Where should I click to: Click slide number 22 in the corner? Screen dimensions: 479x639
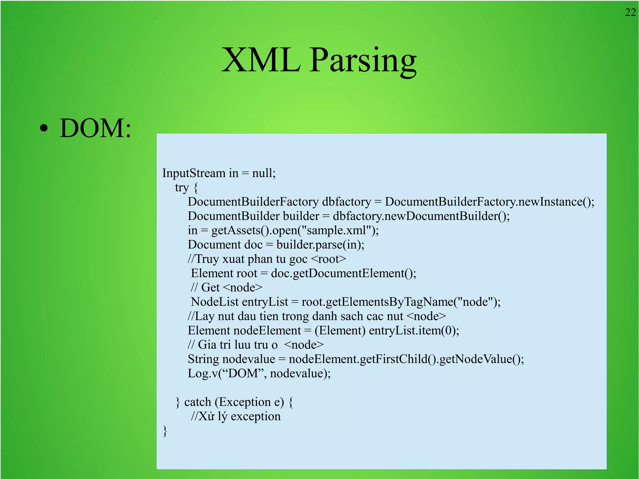pyautogui.click(x=630, y=12)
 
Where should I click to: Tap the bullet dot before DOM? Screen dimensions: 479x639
pyautogui.click(x=44, y=128)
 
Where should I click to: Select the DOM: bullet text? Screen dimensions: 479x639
pyautogui.click(x=95, y=128)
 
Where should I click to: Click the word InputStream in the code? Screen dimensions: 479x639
pyautogui.click(x=193, y=173)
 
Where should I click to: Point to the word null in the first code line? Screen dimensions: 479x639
pyautogui.click(x=262, y=173)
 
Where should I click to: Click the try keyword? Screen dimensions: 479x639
pyautogui.click(x=182, y=188)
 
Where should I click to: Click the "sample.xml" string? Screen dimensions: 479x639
pyautogui.click(x=336, y=231)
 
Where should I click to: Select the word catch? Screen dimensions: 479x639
pyautogui.click(x=198, y=402)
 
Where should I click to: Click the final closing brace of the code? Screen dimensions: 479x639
pyautogui.click(x=165, y=431)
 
